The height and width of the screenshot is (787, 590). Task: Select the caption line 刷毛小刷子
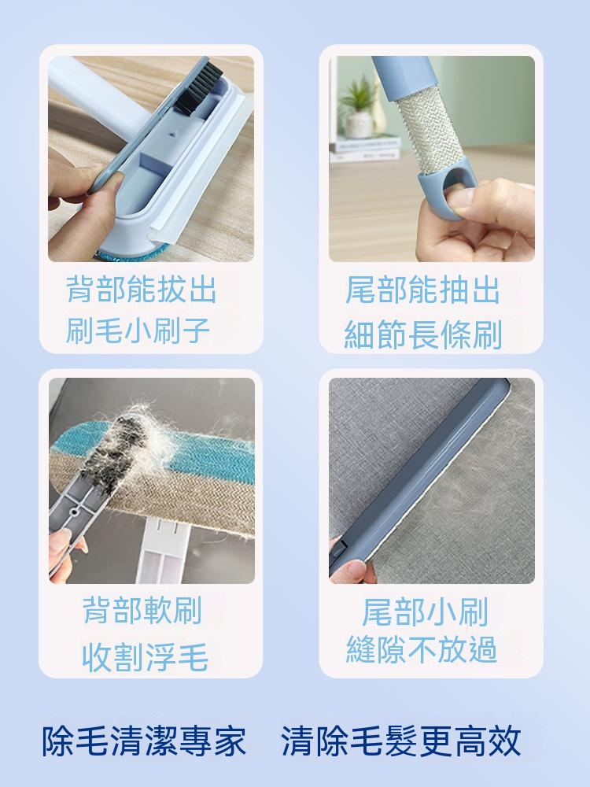pos(138,330)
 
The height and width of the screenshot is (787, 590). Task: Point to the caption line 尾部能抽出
pos(422,290)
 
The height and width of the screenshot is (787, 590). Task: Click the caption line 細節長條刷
pos(423,334)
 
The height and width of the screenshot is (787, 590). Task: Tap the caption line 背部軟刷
pos(142,610)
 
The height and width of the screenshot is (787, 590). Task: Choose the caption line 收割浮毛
pos(145,657)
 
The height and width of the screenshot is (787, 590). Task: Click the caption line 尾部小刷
pos(425,611)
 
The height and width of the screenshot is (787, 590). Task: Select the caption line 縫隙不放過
pos(422,649)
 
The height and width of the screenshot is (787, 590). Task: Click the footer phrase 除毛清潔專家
pos(144,741)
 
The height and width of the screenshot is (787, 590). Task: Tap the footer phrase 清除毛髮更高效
pos(400,741)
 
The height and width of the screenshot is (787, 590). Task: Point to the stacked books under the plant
pos(365,148)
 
